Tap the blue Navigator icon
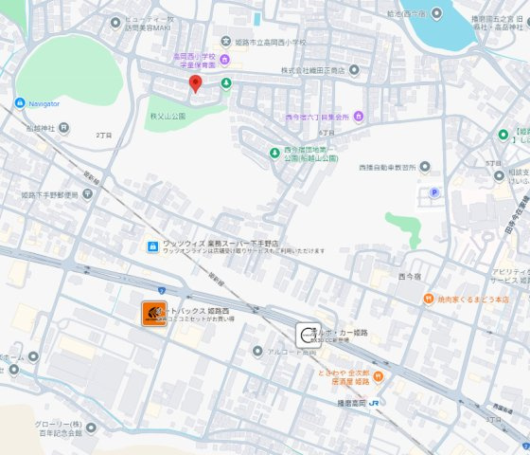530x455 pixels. (x=20, y=102)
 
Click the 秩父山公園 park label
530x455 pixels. (x=167, y=116)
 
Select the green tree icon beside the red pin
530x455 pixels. (x=225, y=83)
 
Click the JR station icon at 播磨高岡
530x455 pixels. (x=376, y=403)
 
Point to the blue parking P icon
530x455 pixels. (x=435, y=192)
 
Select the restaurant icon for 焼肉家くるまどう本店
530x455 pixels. (x=429, y=299)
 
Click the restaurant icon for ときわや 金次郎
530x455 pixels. (x=378, y=376)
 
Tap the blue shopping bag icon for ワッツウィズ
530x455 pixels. (x=151, y=246)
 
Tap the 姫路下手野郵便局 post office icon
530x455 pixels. (x=88, y=193)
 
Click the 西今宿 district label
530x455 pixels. (x=410, y=276)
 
